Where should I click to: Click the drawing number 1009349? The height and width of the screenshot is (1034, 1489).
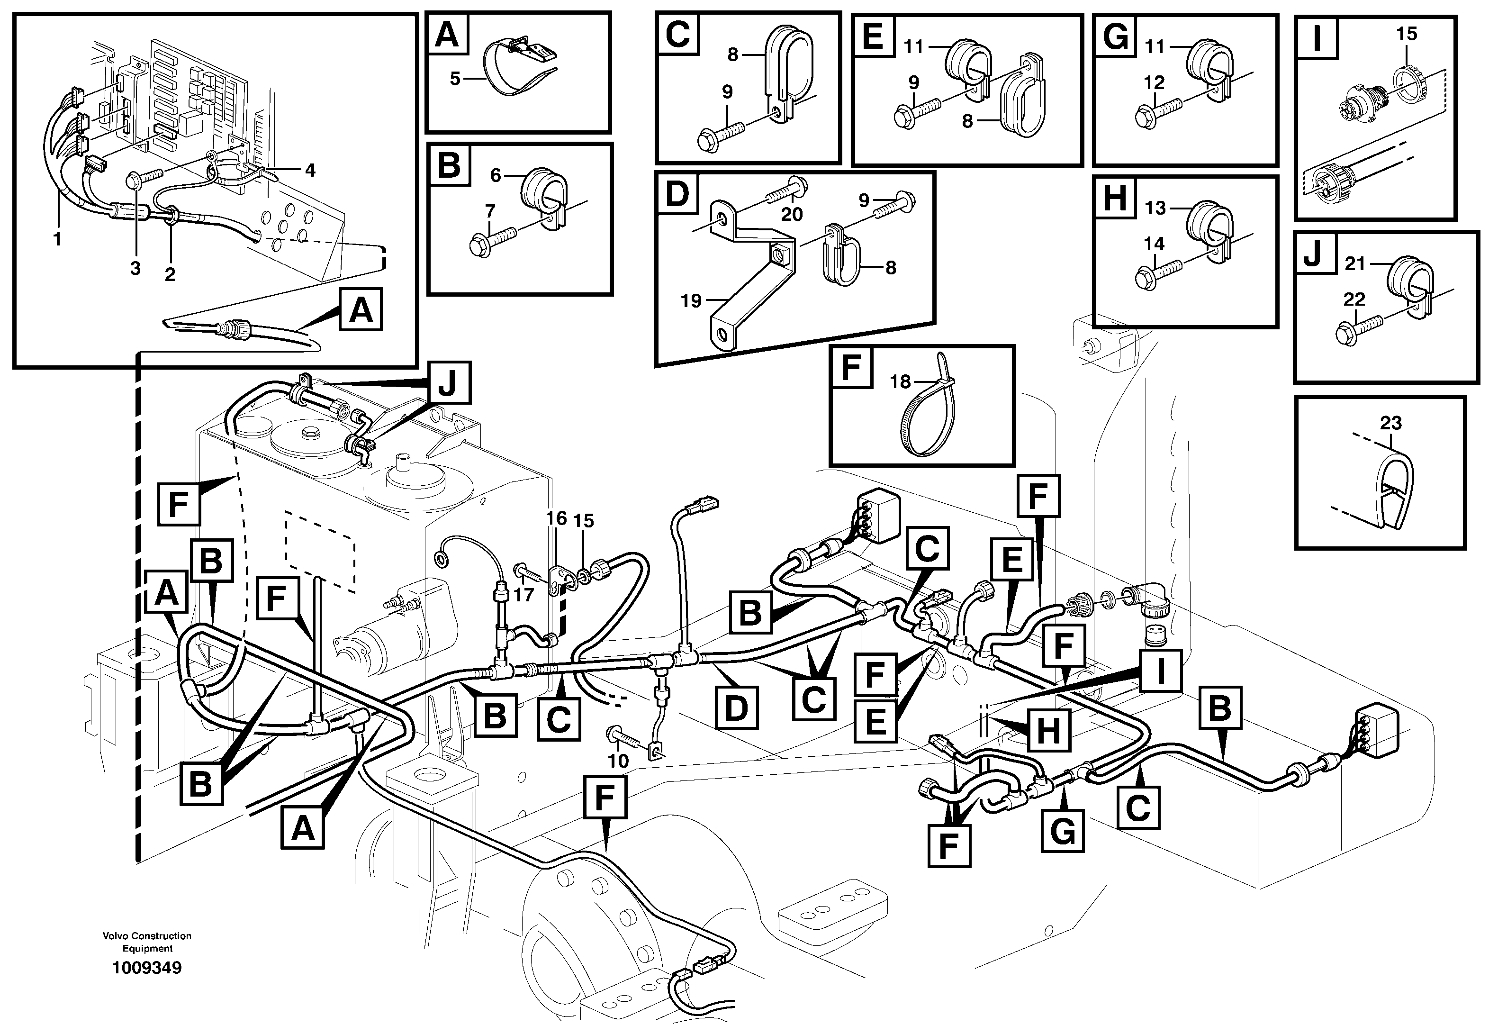coord(147,968)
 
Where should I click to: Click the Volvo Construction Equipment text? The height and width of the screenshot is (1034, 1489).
coord(147,942)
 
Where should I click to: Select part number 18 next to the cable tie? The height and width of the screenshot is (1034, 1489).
coord(900,381)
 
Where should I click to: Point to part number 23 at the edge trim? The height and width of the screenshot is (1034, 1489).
coord(1390,423)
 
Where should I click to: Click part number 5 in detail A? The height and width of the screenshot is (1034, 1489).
coord(455,79)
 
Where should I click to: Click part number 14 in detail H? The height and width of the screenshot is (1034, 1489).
coord(1154,244)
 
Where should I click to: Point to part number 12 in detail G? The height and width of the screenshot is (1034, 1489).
coord(1154,82)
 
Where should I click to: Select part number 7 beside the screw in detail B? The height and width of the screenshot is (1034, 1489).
coord(490,211)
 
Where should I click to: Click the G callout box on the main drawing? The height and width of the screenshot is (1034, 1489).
coord(1062,831)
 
